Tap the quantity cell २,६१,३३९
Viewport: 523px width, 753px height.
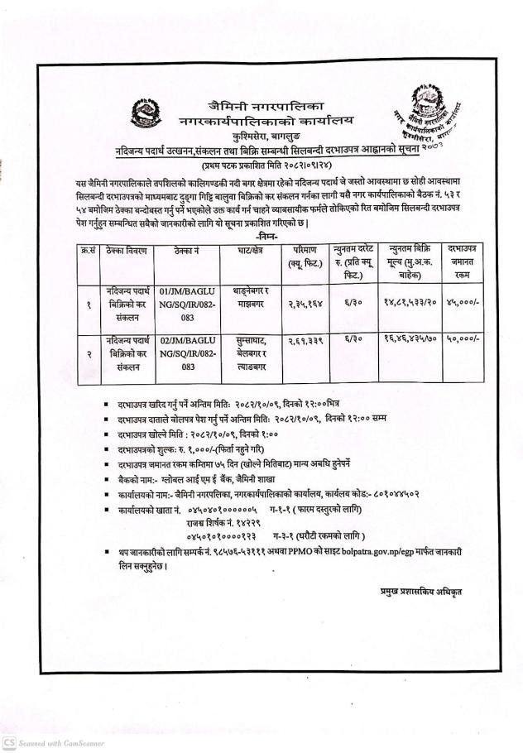tap(303, 340)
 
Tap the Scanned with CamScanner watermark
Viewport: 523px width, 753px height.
tap(53, 743)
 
